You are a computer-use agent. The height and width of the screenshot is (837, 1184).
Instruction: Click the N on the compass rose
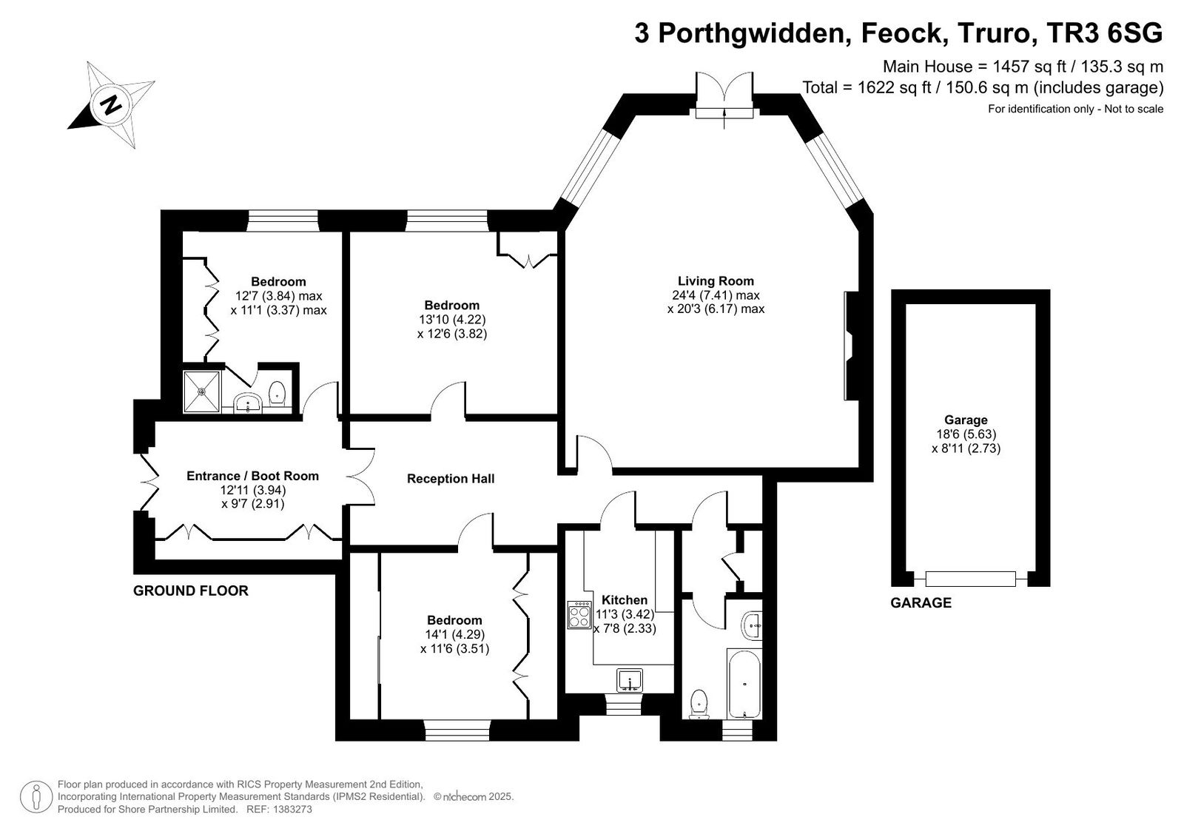point(110,104)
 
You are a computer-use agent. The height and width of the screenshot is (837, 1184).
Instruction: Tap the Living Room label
point(716,280)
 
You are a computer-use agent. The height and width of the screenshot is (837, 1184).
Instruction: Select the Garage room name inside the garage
point(966,420)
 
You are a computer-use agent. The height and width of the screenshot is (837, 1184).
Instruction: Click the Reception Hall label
point(451,479)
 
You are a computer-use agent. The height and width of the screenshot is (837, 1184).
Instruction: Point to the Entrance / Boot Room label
point(252,476)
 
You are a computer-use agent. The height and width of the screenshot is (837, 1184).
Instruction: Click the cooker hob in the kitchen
point(579,615)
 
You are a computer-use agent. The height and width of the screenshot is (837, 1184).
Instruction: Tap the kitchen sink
point(630,680)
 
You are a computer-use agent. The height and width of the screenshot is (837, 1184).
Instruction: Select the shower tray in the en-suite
point(201,391)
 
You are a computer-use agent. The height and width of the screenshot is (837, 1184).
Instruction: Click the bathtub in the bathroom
point(744,683)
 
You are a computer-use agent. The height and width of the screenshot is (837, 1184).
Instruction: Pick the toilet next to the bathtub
point(699,705)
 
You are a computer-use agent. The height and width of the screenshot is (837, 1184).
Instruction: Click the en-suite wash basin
point(247,403)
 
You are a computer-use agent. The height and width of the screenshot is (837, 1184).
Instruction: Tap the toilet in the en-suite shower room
point(277,394)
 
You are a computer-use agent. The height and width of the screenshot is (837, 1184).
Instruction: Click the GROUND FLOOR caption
point(191,591)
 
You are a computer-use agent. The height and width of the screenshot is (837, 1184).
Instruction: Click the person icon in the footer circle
point(36,797)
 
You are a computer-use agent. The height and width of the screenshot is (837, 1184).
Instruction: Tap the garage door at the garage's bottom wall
point(970,579)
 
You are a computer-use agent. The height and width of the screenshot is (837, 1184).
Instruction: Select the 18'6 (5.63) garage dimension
point(966,434)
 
